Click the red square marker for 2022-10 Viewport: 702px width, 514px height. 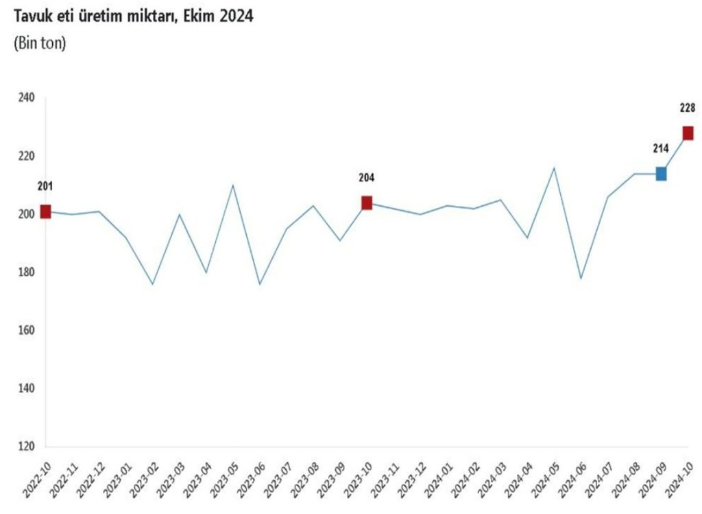coord(45,211)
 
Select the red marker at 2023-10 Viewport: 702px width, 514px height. coord(367,202)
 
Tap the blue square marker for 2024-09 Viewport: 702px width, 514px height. coord(661,174)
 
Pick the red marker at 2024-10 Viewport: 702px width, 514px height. coord(688,133)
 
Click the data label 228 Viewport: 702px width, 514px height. coord(688,107)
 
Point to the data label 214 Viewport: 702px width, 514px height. coord(660,148)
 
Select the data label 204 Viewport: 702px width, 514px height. coord(367,178)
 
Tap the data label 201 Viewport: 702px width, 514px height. coord(45,186)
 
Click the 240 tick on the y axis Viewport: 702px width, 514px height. coord(26,98)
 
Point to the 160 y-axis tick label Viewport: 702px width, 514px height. coord(26,331)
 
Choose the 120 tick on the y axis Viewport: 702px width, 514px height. coord(26,447)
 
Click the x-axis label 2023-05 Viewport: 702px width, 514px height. coord(223,474)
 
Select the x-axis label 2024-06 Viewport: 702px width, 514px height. coord(572,474)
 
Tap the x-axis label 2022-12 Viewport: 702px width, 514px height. coord(90,474)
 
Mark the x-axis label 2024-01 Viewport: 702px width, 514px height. coord(438,474)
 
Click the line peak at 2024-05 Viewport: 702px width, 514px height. coord(554,167)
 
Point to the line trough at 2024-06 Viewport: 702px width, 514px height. coord(581,279)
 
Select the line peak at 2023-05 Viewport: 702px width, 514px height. coord(233,185)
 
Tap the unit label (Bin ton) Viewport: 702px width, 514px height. coord(40,44)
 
